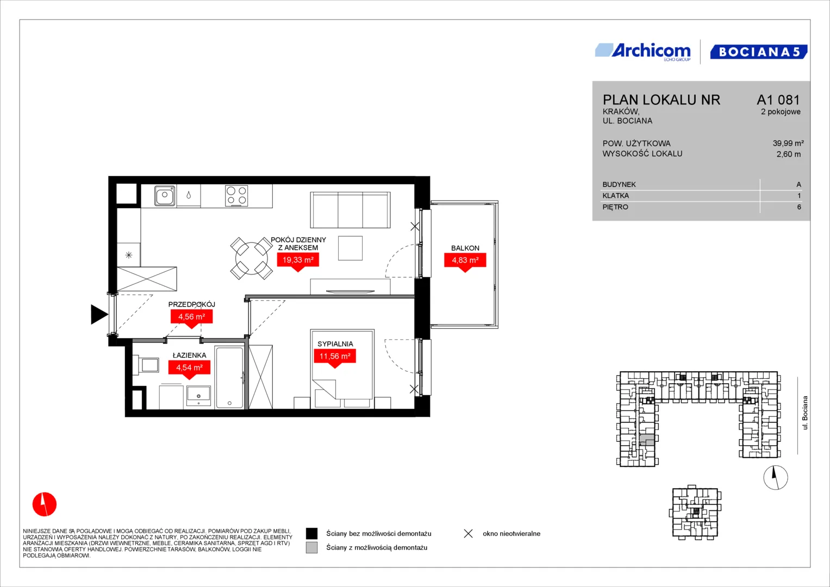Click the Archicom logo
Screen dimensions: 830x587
(643, 52)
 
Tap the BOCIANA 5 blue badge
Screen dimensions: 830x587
(759, 52)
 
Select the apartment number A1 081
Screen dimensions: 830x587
(778, 99)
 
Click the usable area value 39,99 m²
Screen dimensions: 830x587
(788, 143)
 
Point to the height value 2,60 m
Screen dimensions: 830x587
(789, 154)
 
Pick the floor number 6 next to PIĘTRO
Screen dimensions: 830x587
(799, 207)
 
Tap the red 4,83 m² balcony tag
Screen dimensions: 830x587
(465, 261)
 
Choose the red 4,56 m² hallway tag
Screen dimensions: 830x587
(191, 318)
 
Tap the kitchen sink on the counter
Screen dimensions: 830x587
(165, 196)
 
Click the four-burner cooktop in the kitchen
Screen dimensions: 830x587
(236, 196)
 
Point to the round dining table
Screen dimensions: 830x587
(252, 258)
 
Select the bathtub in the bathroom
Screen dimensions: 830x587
(229, 377)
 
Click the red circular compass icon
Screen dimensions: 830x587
(45, 504)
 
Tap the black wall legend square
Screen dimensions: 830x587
(311, 534)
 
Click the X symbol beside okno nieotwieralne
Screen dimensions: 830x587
(469, 534)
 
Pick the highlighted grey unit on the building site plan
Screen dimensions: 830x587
(647, 440)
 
